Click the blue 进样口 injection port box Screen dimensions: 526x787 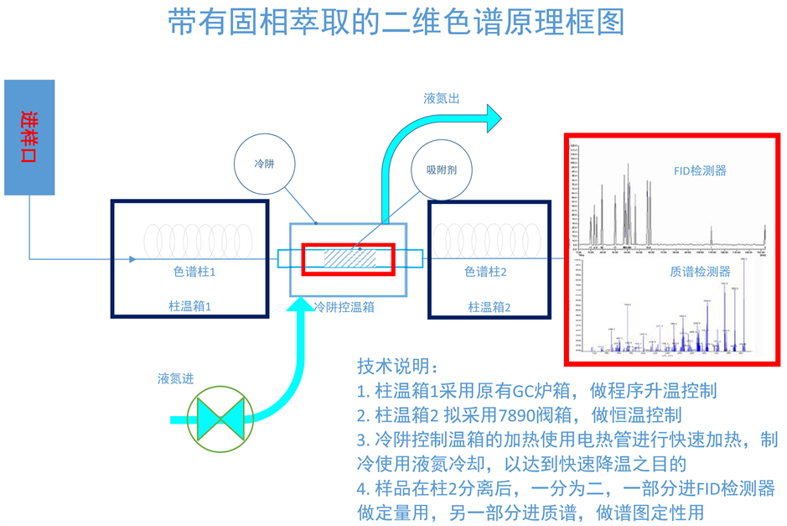pos(29,137)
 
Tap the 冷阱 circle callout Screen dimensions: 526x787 pos(264,164)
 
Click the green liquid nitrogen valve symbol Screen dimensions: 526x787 pos(218,417)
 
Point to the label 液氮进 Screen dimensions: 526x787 pos(175,378)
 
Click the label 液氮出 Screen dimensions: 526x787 pos(442,98)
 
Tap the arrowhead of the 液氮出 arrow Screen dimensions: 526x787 pos(490,117)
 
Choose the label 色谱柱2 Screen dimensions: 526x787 pos(485,273)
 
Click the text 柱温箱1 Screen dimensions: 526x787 pos(189,307)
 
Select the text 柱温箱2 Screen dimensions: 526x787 pos(489,308)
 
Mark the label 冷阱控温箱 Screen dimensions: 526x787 pos(344,308)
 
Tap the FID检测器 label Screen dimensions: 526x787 pos(700,170)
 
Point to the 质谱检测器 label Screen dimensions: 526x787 pos(700,271)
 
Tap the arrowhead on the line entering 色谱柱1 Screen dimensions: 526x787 pos(132,258)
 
